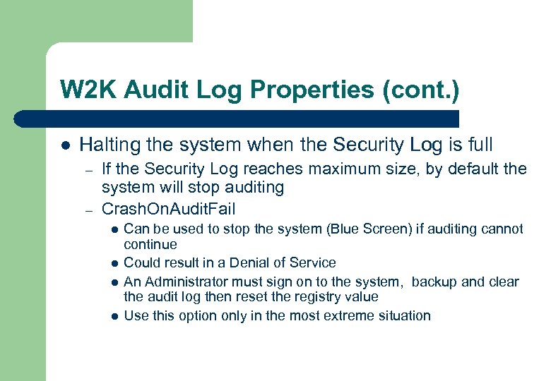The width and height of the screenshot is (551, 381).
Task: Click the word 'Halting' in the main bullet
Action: [108, 145]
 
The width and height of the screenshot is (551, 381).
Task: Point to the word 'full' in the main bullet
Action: [478, 145]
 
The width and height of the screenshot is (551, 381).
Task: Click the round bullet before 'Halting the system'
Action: [65, 146]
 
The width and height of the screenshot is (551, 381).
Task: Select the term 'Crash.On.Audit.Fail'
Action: [169, 209]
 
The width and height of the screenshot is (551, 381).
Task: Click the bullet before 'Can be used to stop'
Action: [114, 229]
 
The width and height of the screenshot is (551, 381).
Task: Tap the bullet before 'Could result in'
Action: [114, 263]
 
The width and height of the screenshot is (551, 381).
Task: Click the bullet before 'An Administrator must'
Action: [114, 282]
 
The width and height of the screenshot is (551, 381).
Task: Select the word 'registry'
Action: [316, 297]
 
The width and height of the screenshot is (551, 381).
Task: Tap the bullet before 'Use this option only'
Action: [114, 316]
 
